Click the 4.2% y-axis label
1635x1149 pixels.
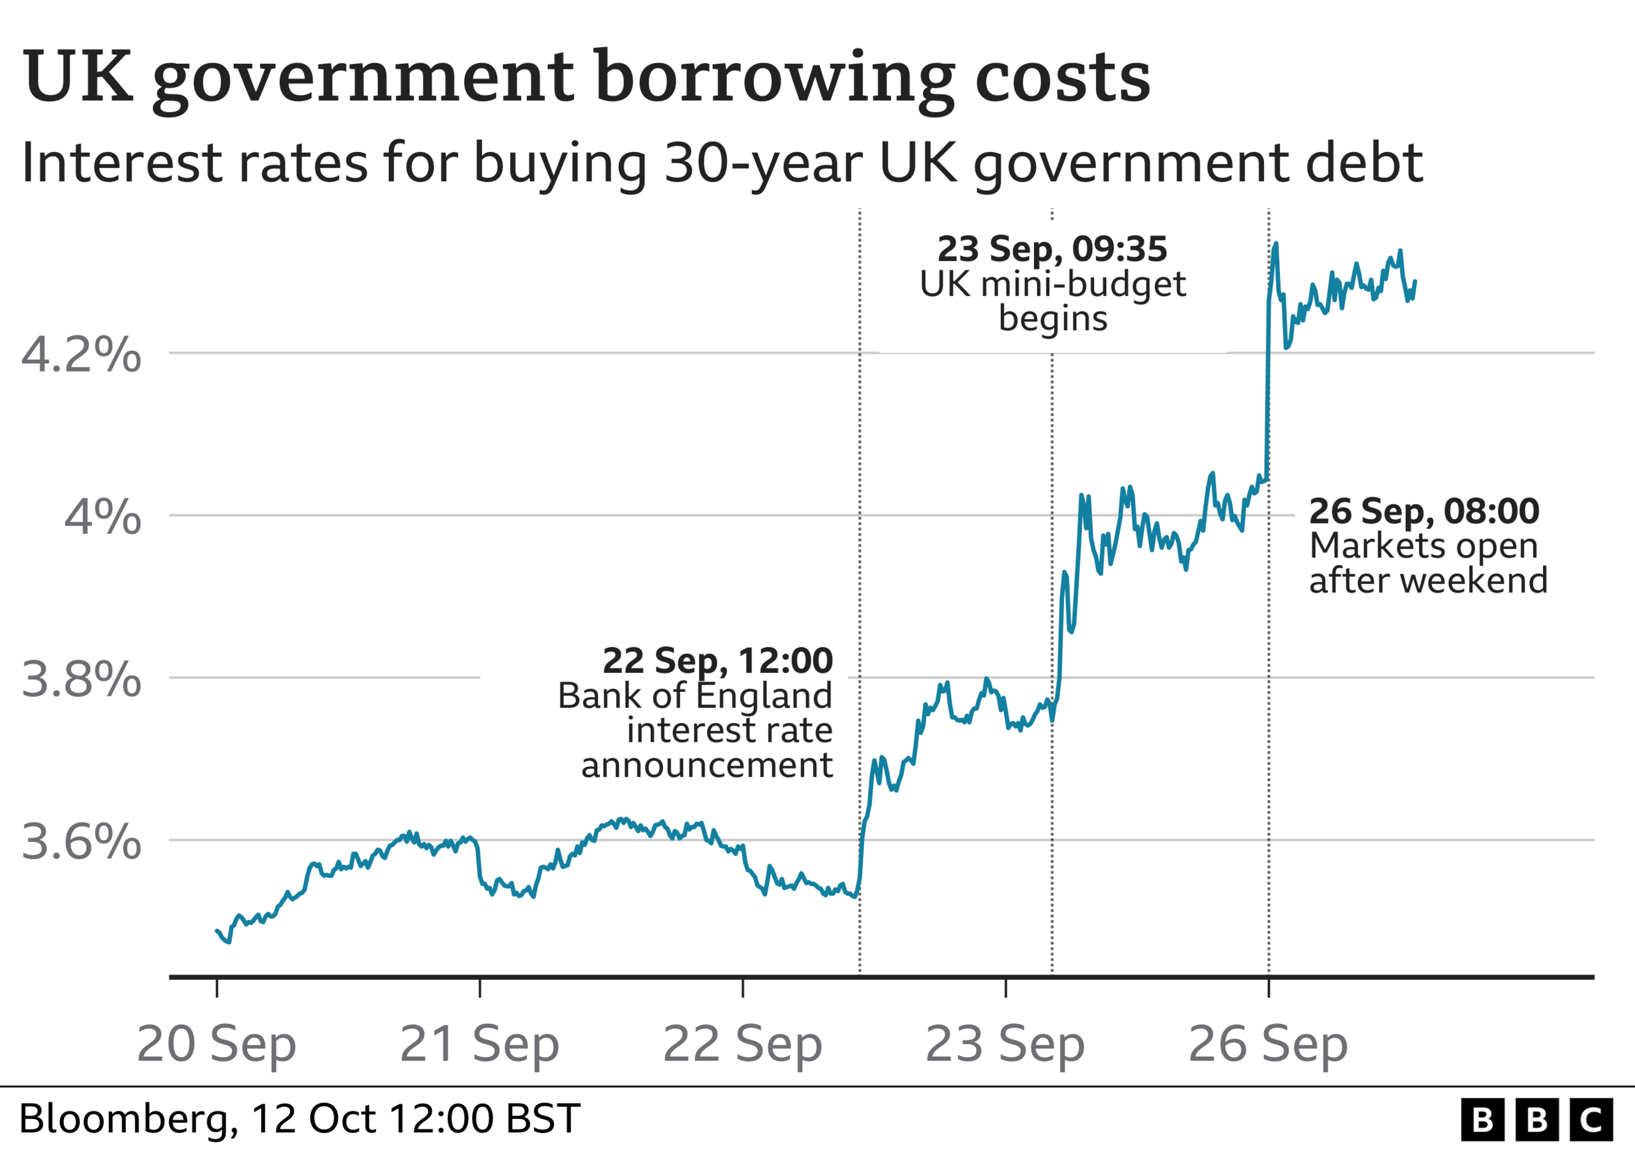(81, 354)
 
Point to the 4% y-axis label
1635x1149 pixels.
(103, 517)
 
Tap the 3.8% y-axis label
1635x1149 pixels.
(81, 679)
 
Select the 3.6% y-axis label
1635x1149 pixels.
(81, 841)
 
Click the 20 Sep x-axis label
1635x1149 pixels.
(217, 1045)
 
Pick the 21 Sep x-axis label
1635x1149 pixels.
(479, 1045)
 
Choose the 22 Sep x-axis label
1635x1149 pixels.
(742, 1045)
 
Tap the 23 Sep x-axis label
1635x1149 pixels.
(1005, 1045)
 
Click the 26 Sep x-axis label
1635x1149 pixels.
(1268, 1045)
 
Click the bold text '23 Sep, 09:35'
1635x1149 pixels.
(1053, 249)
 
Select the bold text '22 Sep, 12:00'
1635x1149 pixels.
(718, 661)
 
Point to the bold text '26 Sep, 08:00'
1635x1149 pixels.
(1424, 511)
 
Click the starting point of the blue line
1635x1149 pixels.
(217, 931)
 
